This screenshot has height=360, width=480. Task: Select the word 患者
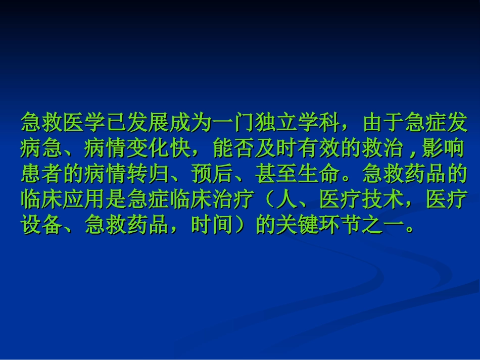click(x=42, y=174)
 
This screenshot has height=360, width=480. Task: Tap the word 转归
click(x=149, y=174)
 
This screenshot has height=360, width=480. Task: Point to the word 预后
click(x=213, y=174)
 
